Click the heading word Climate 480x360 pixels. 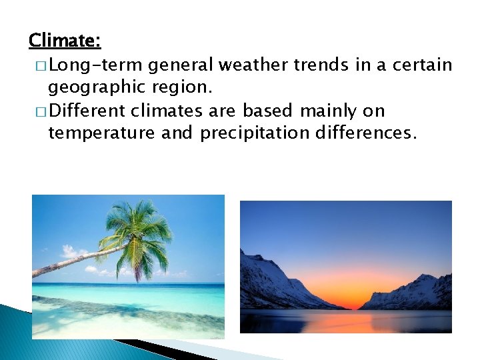point(65,41)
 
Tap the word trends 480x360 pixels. point(324,65)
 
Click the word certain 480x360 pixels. point(421,65)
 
